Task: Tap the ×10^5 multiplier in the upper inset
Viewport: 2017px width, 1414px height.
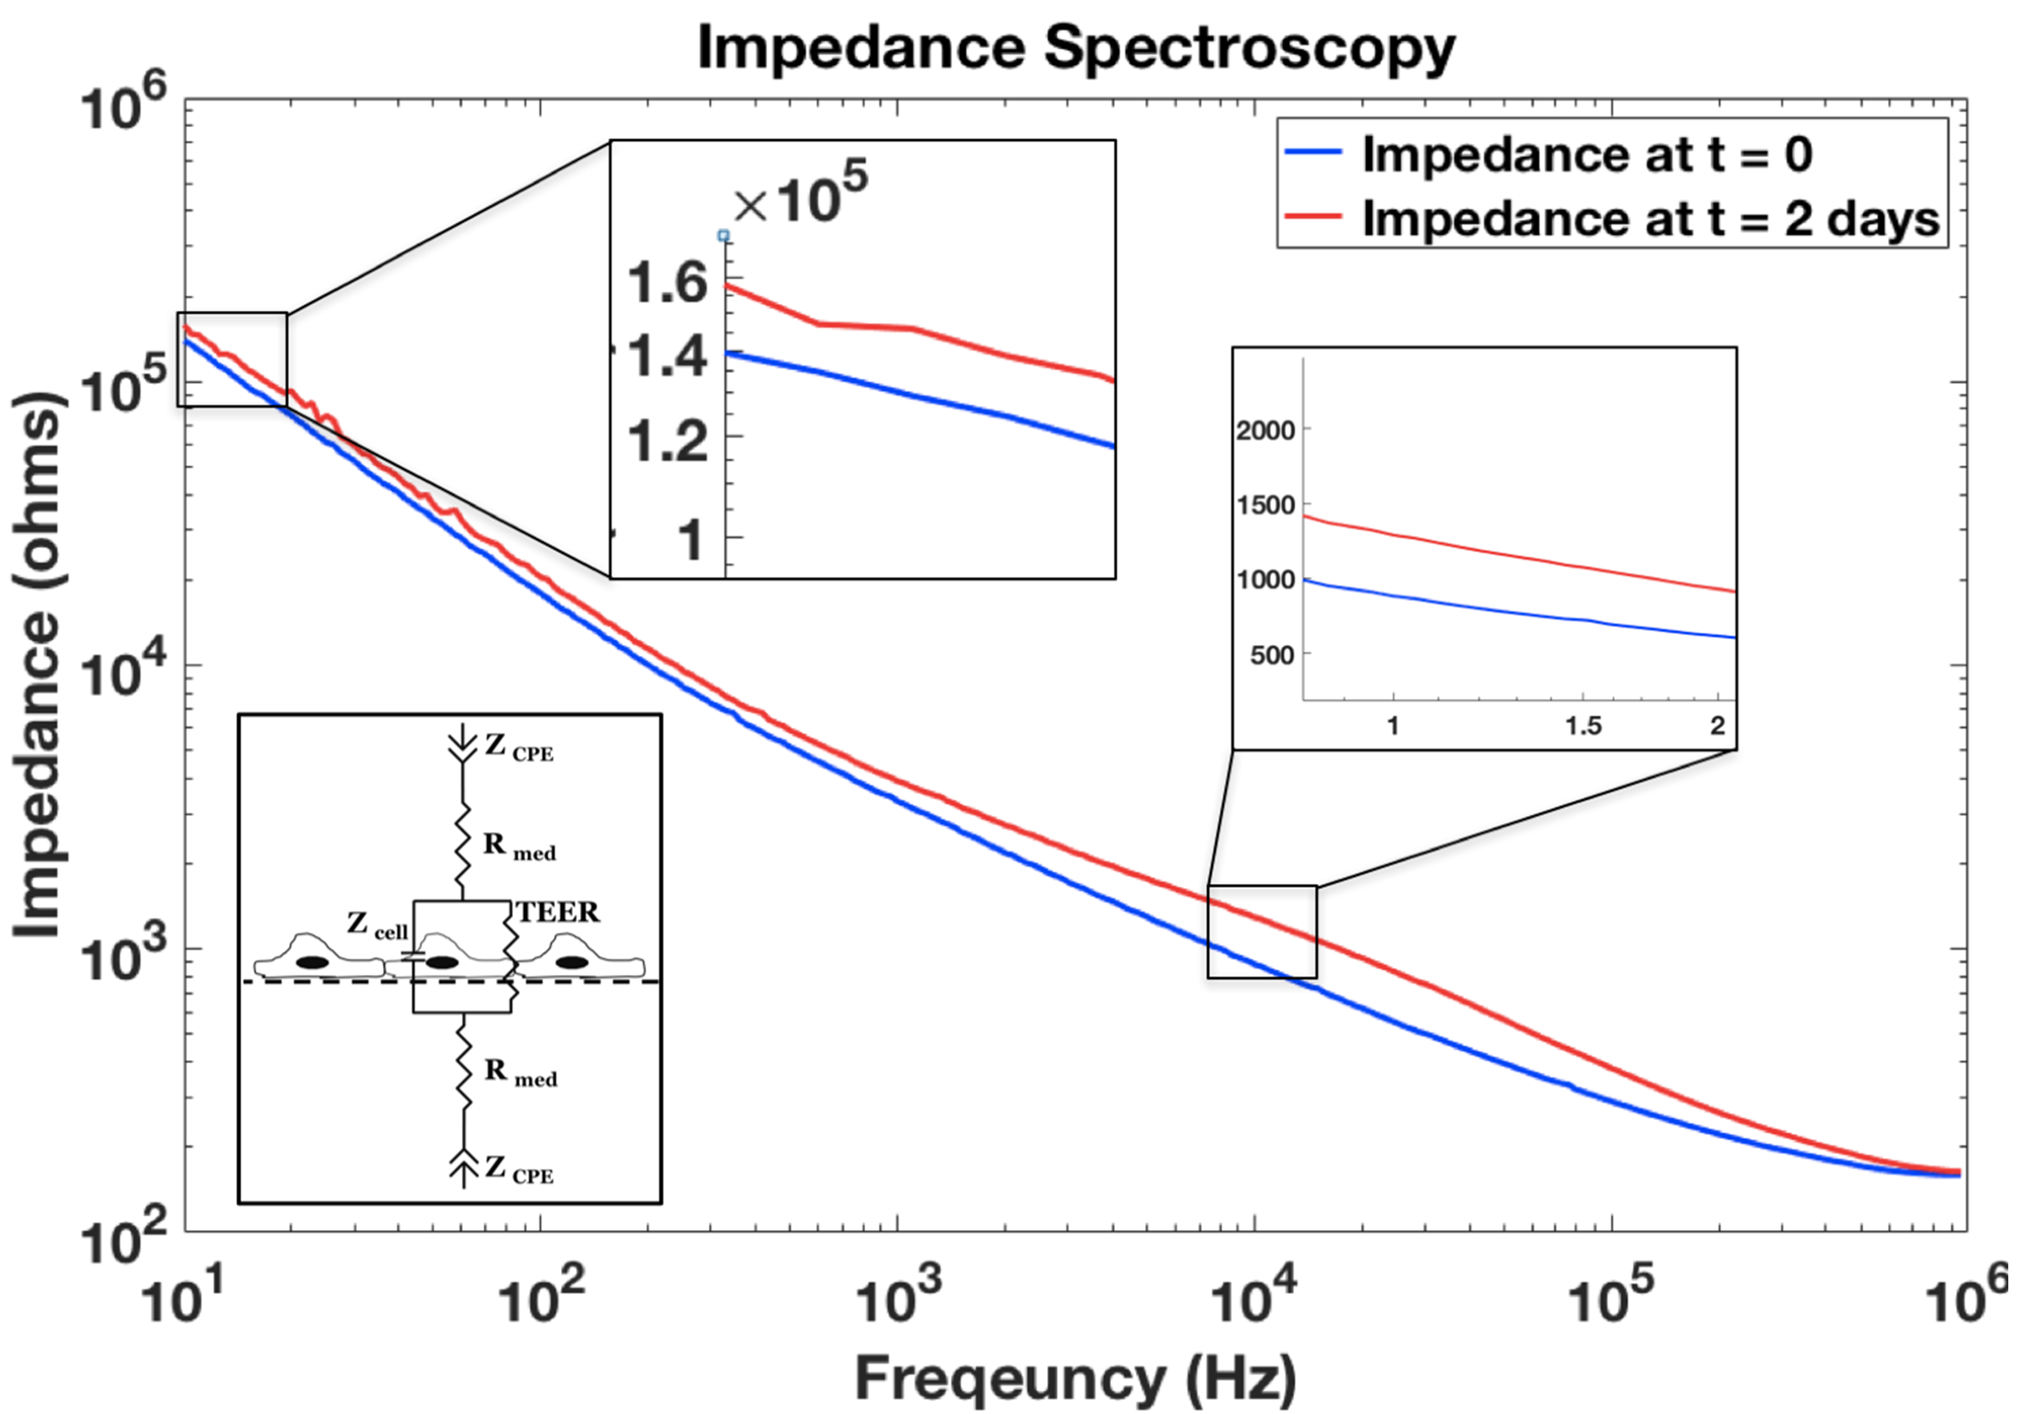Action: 800,193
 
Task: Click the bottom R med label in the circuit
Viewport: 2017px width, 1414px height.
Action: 520,1073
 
